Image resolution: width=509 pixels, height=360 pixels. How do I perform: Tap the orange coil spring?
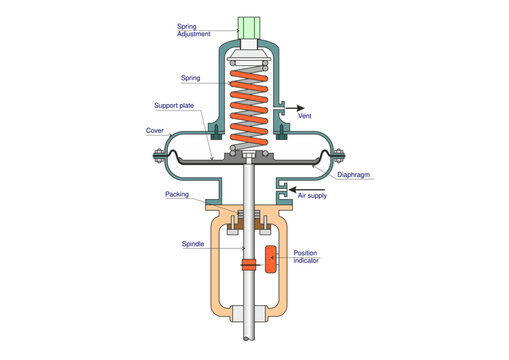[247, 106]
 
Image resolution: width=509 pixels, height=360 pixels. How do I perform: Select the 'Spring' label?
[190, 77]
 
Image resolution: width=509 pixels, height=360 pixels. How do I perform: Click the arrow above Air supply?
[316, 185]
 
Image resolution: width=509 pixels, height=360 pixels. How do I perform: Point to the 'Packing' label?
[177, 196]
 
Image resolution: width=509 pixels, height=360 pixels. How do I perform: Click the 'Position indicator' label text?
[308, 257]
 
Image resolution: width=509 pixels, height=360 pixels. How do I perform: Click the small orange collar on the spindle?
[248, 265]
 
